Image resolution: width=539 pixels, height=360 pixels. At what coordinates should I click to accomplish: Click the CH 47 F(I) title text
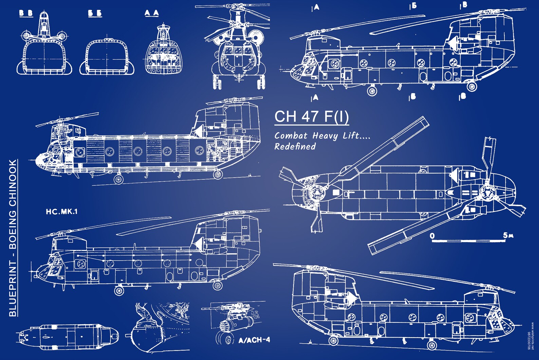coord(311,116)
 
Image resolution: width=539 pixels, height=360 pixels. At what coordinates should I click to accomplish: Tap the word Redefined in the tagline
coord(295,146)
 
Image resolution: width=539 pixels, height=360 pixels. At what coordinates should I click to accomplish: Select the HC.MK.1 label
coord(62,212)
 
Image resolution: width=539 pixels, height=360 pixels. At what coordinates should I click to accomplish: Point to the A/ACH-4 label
coord(254,340)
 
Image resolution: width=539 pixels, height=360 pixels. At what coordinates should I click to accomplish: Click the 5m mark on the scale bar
coord(508,235)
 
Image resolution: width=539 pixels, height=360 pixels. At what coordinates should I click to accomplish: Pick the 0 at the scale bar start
coord(432,236)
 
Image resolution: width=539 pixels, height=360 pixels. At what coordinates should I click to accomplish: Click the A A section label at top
coord(151,13)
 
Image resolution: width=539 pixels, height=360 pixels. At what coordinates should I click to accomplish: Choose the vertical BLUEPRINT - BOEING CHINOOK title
coord(13,238)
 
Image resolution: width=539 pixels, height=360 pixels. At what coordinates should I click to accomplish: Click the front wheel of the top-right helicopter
coord(372,91)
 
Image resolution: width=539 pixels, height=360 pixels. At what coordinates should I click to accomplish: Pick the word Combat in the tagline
coord(291,136)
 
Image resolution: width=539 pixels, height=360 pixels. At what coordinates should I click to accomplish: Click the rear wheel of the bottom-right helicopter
coord(333,340)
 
